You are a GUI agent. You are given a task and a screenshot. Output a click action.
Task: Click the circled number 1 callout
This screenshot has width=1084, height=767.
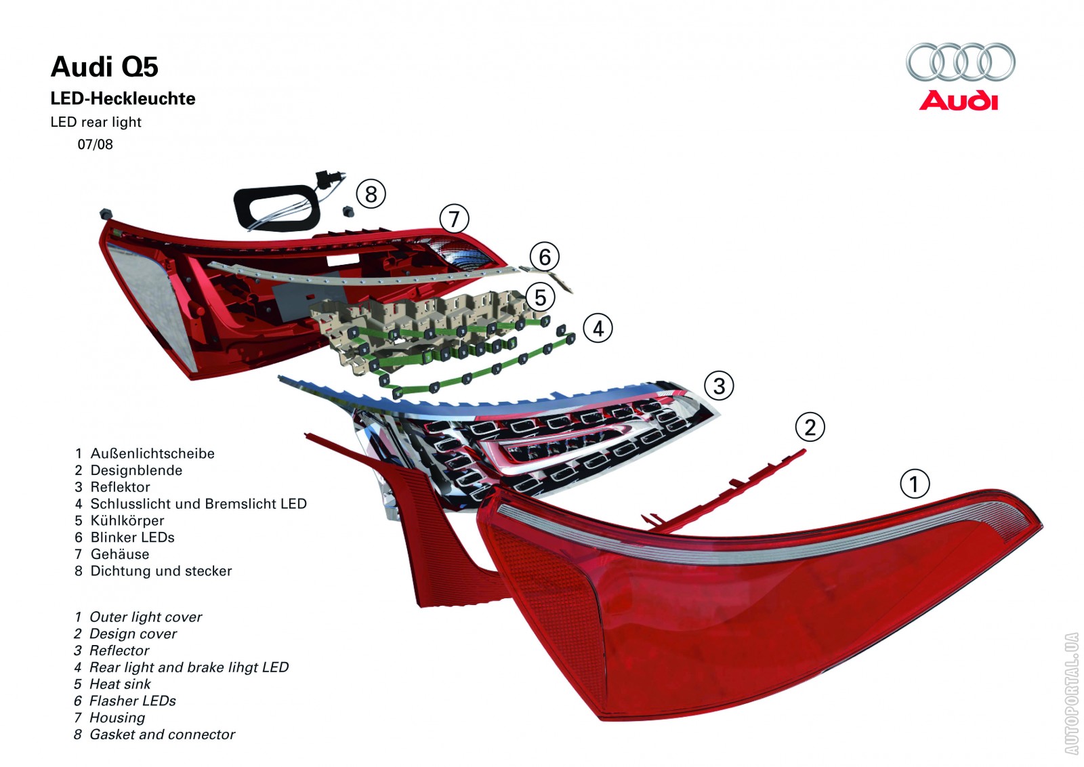point(914,484)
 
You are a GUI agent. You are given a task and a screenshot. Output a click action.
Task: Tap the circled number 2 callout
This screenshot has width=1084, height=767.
point(810,428)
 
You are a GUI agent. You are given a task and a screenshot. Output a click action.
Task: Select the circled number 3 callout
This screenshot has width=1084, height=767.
point(719,386)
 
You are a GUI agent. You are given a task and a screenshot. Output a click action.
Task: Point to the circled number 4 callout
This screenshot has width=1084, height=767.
point(598,329)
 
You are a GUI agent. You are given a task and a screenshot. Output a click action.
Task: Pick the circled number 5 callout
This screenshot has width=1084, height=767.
point(540,297)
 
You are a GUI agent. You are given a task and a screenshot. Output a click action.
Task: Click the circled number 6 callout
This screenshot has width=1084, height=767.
point(544,257)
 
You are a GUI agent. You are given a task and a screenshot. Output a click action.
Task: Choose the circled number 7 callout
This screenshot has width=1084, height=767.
point(454,219)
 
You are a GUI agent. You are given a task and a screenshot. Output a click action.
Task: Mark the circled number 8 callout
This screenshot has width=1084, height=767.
point(371,194)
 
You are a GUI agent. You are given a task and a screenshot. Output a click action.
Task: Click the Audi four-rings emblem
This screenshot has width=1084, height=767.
point(960,62)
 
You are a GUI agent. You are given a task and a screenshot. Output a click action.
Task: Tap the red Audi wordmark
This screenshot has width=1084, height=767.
point(959,101)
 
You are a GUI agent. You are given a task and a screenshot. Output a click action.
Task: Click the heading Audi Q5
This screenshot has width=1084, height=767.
point(104,67)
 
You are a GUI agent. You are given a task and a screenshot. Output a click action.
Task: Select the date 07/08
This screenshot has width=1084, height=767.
point(95,144)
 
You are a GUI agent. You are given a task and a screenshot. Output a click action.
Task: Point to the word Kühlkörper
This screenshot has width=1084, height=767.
point(127,520)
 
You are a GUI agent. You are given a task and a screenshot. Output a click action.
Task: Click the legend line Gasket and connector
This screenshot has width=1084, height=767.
point(162,734)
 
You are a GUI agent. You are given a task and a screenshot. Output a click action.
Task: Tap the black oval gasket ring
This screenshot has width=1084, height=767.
point(276,206)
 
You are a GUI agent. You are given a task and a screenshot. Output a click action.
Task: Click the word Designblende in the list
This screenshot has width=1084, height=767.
point(136,470)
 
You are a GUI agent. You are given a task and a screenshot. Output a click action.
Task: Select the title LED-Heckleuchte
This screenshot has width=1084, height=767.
point(123,99)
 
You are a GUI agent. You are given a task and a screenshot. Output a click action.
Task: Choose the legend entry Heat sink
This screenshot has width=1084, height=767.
point(120,684)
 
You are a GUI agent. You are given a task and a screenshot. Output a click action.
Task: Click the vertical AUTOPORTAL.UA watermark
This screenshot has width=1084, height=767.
point(1071,693)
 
